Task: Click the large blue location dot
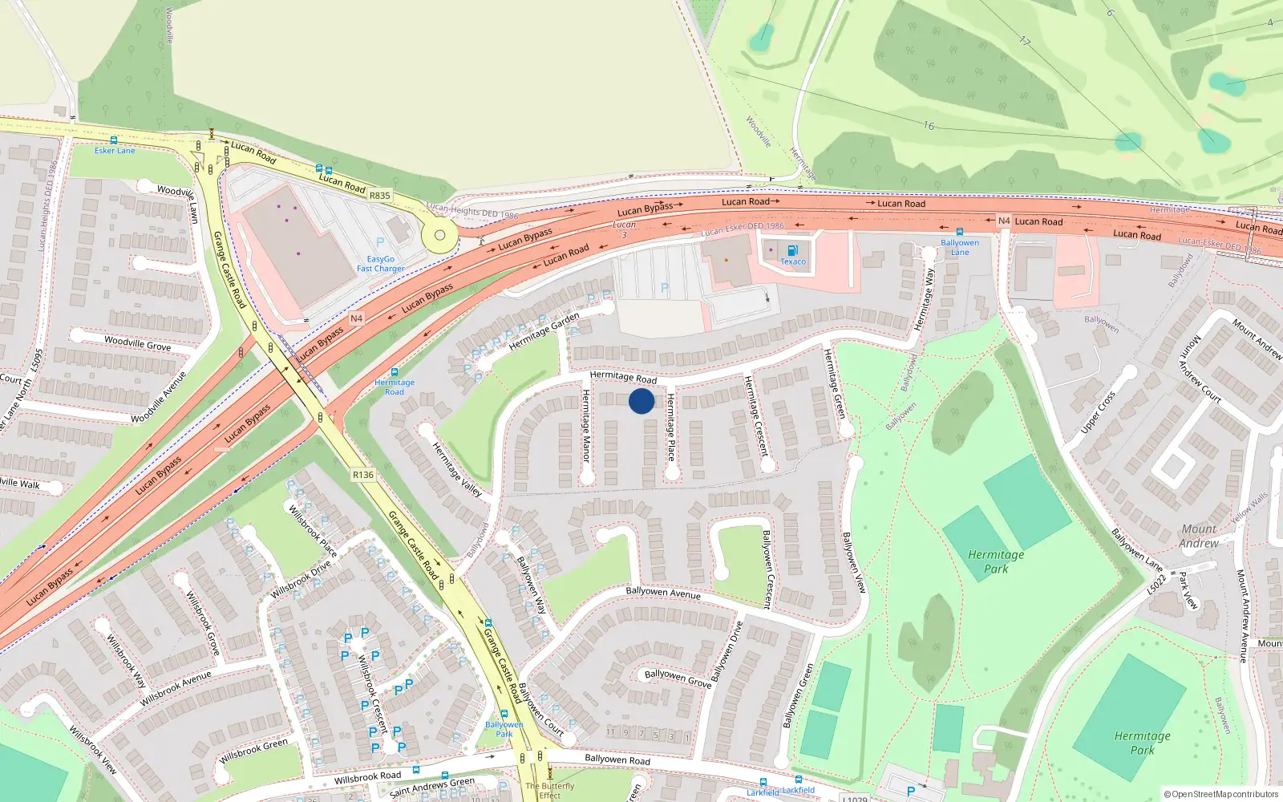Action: (x=641, y=401)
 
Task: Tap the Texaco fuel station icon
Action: (x=792, y=250)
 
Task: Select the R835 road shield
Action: (x=379, y=196)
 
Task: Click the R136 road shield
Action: (x=363, y=475)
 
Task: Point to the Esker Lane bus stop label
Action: (x=115, y=151)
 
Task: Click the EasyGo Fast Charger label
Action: (x=380, y=264)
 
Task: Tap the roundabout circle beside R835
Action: (x=439, y=236)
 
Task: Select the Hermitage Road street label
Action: (x=623, y=377)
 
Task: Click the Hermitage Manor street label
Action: (x=585, y=425)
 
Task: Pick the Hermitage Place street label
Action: (x=671, y=427)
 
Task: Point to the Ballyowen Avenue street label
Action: (x=663, y=593)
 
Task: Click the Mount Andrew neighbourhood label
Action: (x=1199, y=536)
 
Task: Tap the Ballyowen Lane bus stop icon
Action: (x=959, y=232)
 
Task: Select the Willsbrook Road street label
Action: (x=367, y=777)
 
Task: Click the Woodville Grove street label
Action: (x=137, y=343)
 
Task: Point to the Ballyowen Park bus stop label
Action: (x=504, y=729)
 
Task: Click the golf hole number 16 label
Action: (x=928, y=126)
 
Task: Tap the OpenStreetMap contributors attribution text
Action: (x=1220, y=794)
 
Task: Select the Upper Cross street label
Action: (x=1098, y=412)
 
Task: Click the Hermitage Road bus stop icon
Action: (x=394, y=372)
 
